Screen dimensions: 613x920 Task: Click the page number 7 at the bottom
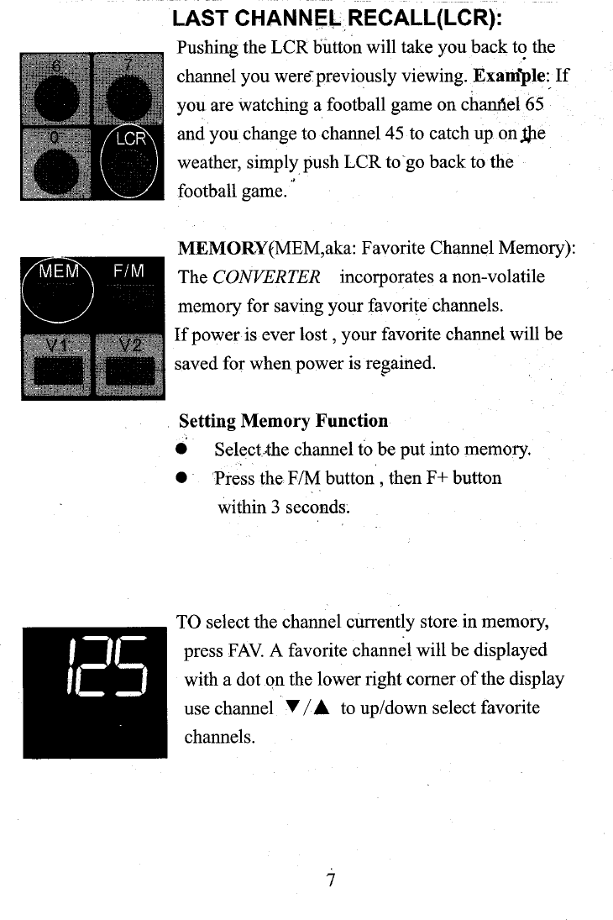(331, 880)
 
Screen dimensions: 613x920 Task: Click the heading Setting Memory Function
(284, 420)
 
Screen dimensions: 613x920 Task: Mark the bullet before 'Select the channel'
(181, 449)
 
